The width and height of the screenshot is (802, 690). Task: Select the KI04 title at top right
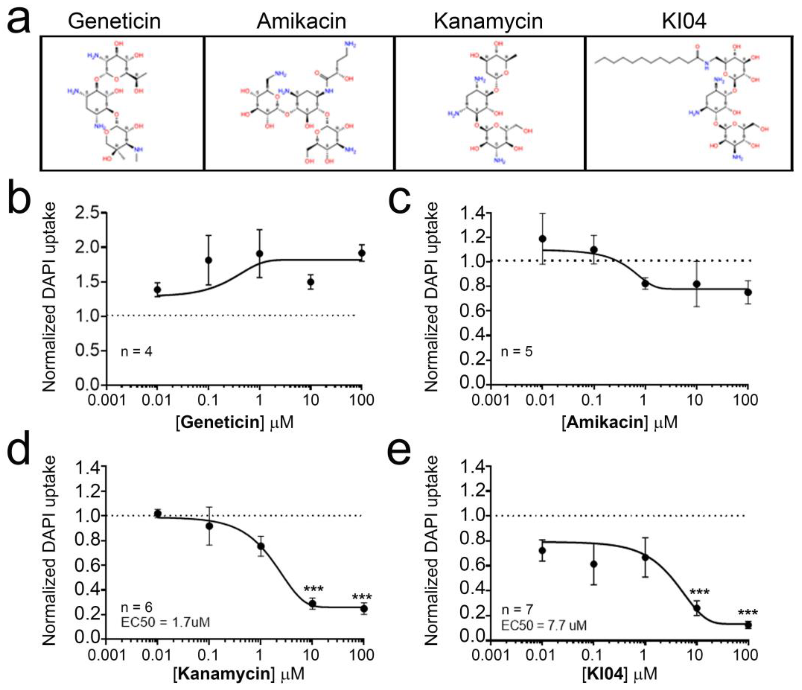(684, 21)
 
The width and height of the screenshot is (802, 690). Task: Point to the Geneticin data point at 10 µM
(310, 282)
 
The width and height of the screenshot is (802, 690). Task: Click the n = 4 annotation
(136, 351)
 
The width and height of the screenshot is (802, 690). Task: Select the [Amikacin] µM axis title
(620, 422)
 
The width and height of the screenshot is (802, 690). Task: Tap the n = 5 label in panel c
(517, 351)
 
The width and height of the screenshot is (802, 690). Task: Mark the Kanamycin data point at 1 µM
(261, 546)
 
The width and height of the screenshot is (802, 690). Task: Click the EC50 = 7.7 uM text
(544, 625)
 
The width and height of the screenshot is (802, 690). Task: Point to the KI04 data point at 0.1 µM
(594, 564)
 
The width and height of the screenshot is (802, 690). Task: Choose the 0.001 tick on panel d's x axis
(107, 655)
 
